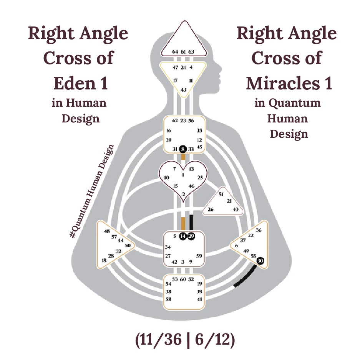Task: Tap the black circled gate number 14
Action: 183,236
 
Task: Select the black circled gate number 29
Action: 191,236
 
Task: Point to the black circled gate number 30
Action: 260,261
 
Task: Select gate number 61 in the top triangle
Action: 183,51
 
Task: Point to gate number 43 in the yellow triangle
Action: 184,89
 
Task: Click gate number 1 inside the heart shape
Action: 183,175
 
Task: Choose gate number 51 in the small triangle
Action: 221,194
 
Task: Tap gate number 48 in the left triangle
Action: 107,231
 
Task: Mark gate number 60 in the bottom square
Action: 183,279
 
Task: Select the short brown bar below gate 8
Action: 183,157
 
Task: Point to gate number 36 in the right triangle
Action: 259,230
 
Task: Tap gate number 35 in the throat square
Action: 199,130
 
